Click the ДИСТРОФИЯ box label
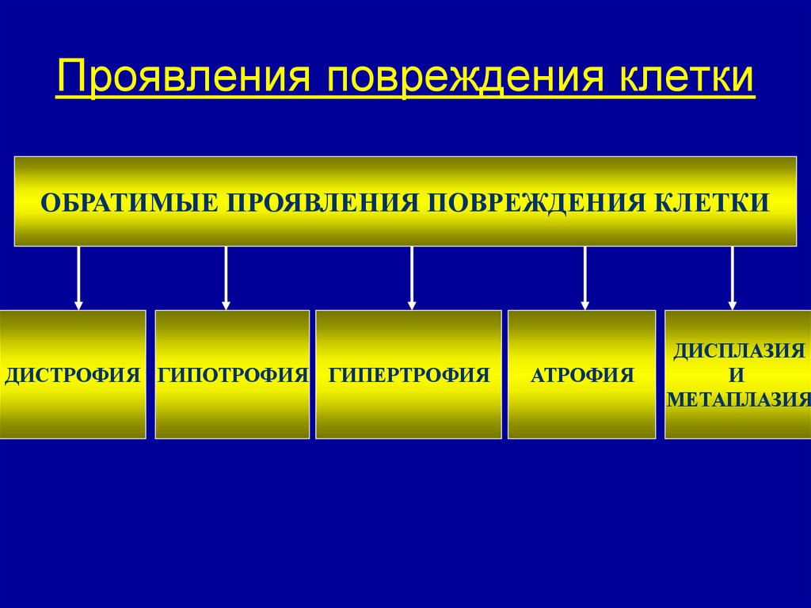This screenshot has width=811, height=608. (73, 375)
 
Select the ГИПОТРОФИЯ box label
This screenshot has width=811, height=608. (232, 375)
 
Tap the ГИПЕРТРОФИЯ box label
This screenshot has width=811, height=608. (409, 375)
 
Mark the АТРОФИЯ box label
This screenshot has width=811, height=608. (582, 375)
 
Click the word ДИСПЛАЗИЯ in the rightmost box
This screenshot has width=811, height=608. (739, 350)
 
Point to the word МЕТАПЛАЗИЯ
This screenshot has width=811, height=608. (738, 400)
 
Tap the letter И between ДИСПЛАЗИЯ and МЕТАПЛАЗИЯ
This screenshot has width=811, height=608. (738, 375)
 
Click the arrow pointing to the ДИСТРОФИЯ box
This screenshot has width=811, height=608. (78, 277)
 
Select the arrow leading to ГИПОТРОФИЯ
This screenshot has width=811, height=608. (226, 277)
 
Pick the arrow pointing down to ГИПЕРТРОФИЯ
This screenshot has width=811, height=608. (412, 277)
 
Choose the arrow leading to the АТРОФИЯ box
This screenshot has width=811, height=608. (585, 277)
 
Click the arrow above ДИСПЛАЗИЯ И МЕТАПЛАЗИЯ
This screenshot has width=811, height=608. (733, 277)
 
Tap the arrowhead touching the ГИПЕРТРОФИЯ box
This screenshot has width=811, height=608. (412, 304)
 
